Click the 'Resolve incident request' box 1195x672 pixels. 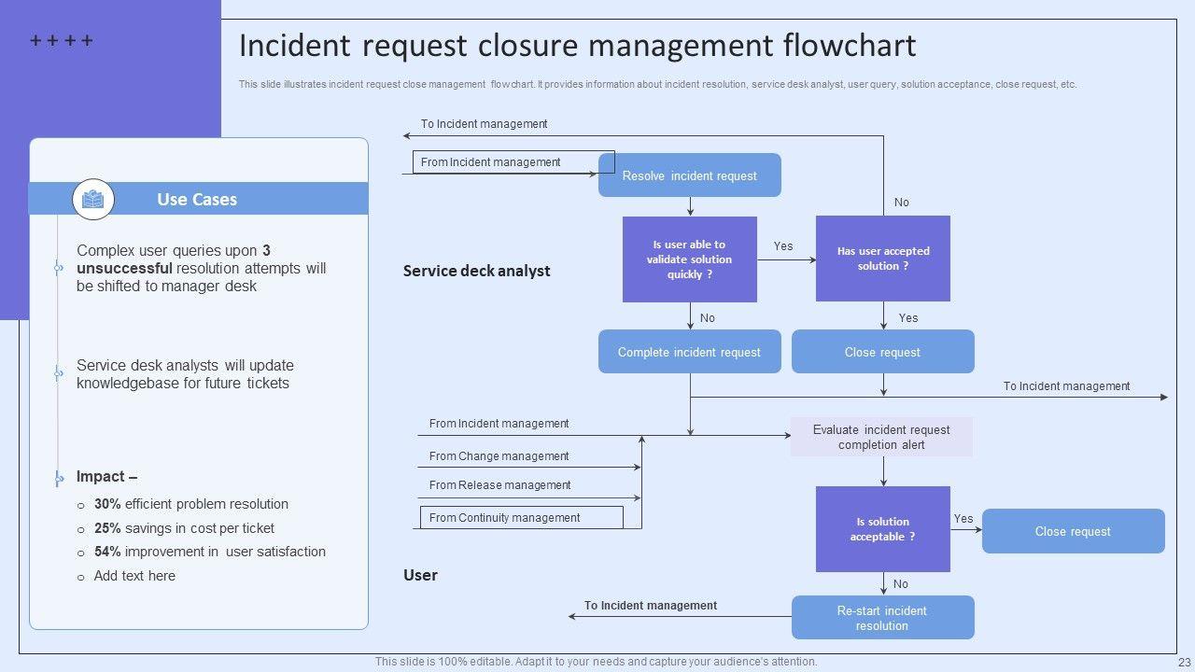(689, 175)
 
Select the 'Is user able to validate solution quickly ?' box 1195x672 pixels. (689, 259)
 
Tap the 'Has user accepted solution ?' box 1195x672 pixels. (882, 259)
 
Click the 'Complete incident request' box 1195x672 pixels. (689, 352)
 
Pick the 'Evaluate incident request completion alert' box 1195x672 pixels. (881, 437)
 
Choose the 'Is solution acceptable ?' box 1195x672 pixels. (882, 529)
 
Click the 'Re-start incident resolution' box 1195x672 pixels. (882, 618)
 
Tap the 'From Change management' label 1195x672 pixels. (499, 456)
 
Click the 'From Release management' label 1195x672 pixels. (499, 485)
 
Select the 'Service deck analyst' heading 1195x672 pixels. (476, 271)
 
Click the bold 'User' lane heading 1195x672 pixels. (420, 575)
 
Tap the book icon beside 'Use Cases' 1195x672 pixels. (93, 199)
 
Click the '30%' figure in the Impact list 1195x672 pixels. (107, 504)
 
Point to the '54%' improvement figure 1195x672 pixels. (107, 552)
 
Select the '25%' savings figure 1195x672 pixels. (107, 528)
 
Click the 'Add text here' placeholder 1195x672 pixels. (134, 576)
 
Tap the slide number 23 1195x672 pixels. (1185, 662)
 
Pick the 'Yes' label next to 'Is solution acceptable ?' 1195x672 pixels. (963, 519)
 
